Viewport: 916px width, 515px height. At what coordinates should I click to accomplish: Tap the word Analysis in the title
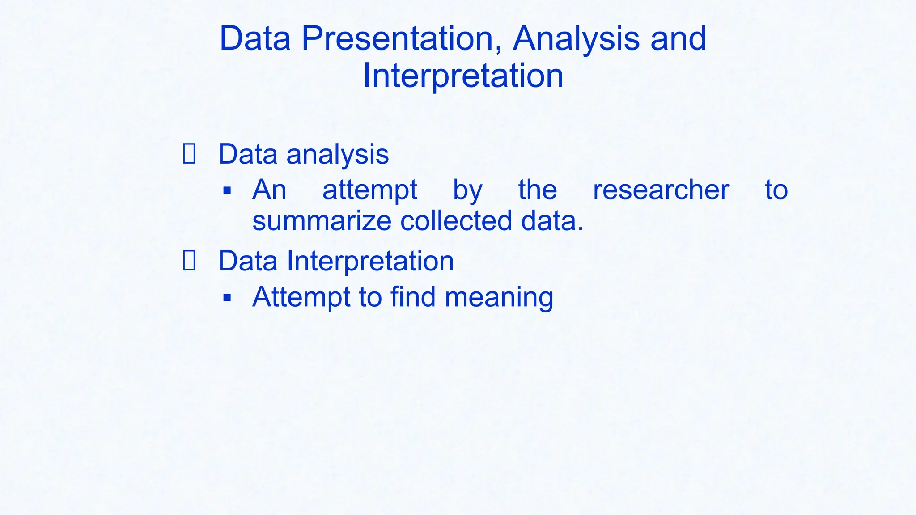[x=576, y=38]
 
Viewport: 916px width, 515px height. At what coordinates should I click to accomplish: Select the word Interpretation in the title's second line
[x=463, y=76]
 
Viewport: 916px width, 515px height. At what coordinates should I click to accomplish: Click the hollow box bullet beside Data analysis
[x=189, y=154]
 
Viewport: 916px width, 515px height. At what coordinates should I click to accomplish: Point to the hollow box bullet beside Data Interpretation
[x=189, y=261]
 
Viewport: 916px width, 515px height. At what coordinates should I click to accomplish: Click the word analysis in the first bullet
[x=337, y=155]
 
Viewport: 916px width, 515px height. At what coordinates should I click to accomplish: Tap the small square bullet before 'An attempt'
[x=227, y=191]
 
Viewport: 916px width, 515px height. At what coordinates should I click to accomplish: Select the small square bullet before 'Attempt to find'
[x=227, y=297]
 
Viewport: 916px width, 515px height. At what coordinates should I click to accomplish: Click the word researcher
[x=661, y=190]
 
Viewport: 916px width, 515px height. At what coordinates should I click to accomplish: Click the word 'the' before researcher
[x=537, y=190]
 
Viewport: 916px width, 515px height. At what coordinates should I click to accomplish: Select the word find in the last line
[x=412, y=297]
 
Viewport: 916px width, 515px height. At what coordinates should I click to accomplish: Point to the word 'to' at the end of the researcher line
[x=776, y=190]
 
